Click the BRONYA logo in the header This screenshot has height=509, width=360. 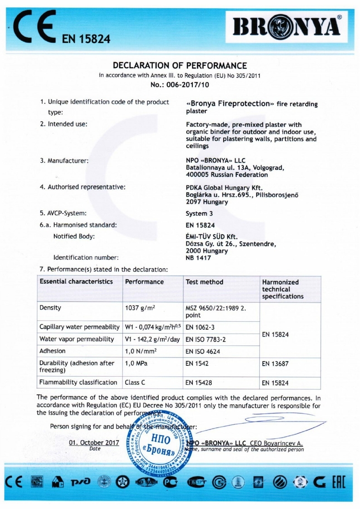click(287, 28)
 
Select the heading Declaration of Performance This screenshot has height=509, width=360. click(180, 66)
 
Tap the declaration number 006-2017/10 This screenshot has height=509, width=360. click(180, 84)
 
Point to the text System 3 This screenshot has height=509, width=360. click(199, 213)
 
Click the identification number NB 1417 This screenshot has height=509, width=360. click(199, 258)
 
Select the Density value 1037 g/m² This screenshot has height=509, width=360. click(141, 308)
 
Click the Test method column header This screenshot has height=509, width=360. click(204, 282)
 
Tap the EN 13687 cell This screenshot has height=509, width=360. click(275, 364)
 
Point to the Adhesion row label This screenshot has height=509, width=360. click(53, 351)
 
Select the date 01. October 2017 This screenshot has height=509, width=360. click(94, 443)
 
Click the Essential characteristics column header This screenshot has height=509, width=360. click(76, 281)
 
